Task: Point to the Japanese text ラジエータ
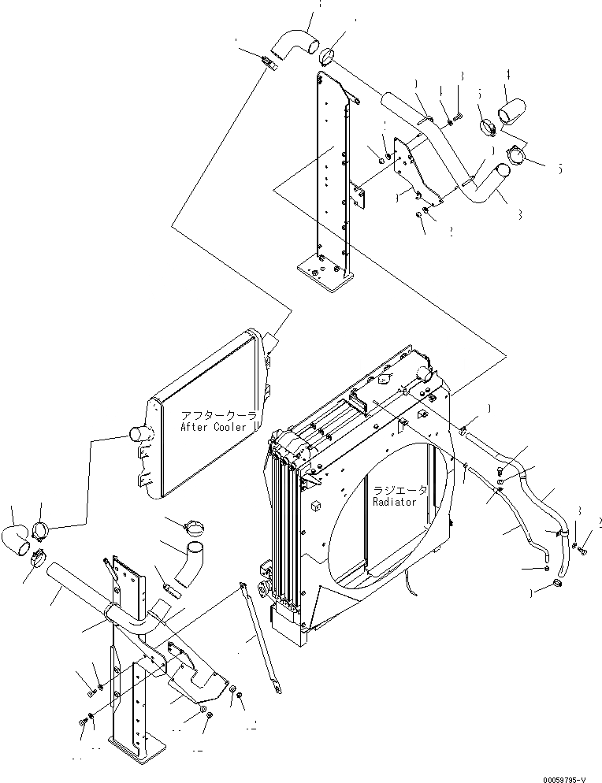pos(400,489)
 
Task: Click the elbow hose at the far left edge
pos(17,538)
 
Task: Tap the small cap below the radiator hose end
pos(558,583)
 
